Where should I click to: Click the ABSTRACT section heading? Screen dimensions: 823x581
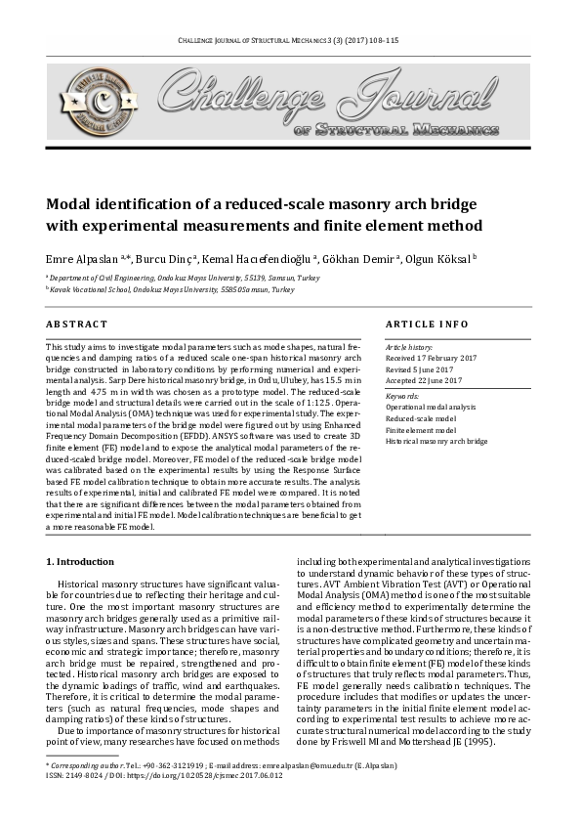click(77, 324)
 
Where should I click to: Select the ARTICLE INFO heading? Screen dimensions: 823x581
click(427, 324)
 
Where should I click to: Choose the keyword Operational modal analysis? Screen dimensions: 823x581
click(431, 406)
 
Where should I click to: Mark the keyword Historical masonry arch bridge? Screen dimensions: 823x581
click(436, 441)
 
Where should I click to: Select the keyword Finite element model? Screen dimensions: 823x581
click(421, 429)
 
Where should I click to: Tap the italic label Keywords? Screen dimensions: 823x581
click(403, 395)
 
